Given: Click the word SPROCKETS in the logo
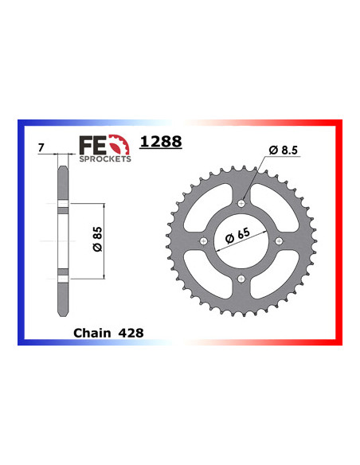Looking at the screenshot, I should [x=104, y=158].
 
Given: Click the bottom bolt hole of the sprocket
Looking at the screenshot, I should [x=241, y=278].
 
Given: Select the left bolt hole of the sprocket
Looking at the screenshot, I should [x=204, y=241].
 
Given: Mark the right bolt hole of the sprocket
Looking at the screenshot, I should [x=277, y=241].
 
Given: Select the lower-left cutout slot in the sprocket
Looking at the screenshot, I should [x=212, y=270].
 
